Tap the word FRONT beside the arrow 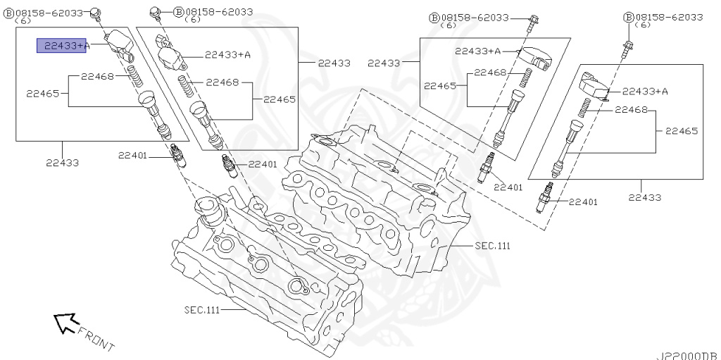[96, 338]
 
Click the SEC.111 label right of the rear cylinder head [491, 246]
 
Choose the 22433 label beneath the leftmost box [62, 163]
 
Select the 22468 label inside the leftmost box [97, 76]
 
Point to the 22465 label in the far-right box [682, 131]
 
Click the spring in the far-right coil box [583, 108]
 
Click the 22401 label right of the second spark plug [263, 164]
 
